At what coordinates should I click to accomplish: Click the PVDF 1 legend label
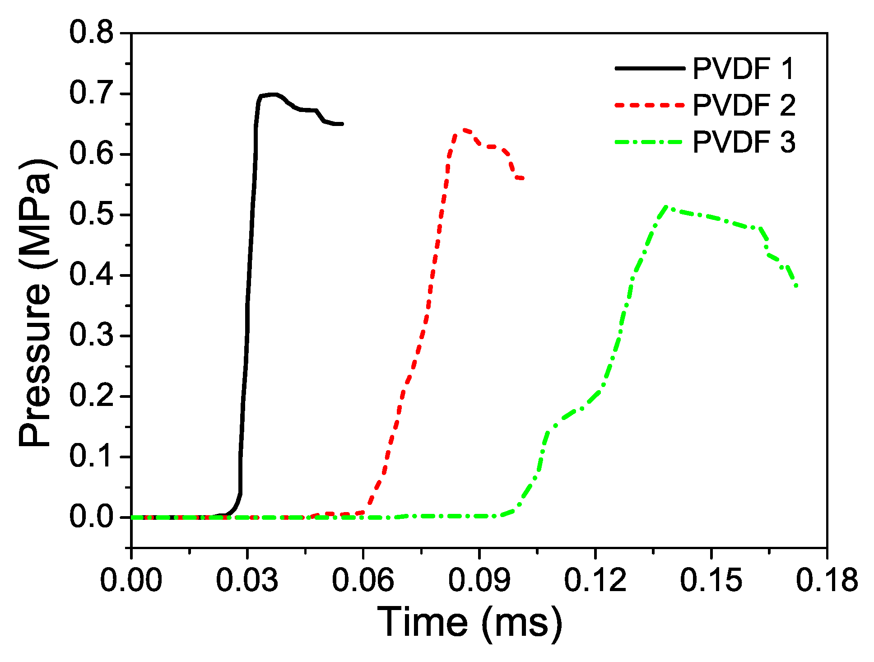[743, 69]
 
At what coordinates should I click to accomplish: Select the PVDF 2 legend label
[743, 105]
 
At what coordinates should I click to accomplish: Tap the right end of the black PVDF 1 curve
[343, 124]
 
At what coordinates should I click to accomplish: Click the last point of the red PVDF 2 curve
[523, 179]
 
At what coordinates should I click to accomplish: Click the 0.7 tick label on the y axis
[91, 93]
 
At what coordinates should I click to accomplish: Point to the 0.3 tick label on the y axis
[91, 336]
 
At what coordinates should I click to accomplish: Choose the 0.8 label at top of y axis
[91, 33]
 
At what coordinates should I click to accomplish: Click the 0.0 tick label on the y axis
[91, 517]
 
